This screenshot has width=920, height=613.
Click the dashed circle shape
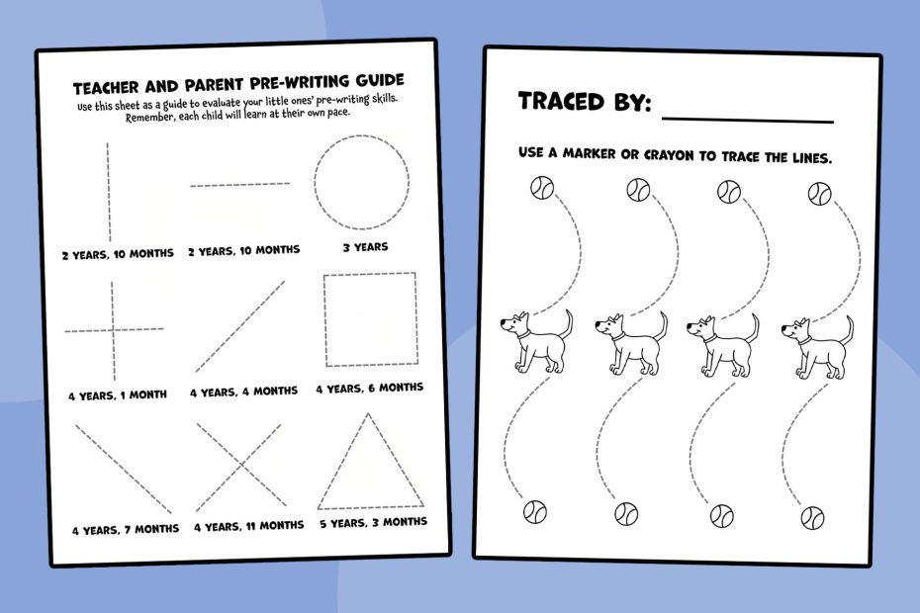tap(315, 182)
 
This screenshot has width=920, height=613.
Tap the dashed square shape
tap(324, 319)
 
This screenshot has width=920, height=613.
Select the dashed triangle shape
tap(342, 461)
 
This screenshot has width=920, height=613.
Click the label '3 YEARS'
tap(366, 247)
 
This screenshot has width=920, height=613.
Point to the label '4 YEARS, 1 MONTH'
tap(118, 395)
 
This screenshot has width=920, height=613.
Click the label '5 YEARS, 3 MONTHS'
tap(373, 522)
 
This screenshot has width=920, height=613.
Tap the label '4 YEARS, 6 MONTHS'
tap(370, 388)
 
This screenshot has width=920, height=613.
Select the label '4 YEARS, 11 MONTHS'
tap(248, 526)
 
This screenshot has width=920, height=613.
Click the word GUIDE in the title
tap(378, 80)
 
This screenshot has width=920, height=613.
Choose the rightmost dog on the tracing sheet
tap(818, 347)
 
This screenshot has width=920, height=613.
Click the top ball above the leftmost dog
tap(541, 188)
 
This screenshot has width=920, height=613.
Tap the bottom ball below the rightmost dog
tap(812, 518)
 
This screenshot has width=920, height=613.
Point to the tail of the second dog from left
tap(662, 325)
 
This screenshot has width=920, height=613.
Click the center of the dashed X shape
tap(240, 465)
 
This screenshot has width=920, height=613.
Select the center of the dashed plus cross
tap(113, 329)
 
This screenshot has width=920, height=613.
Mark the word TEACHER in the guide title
tap(106, 88)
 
